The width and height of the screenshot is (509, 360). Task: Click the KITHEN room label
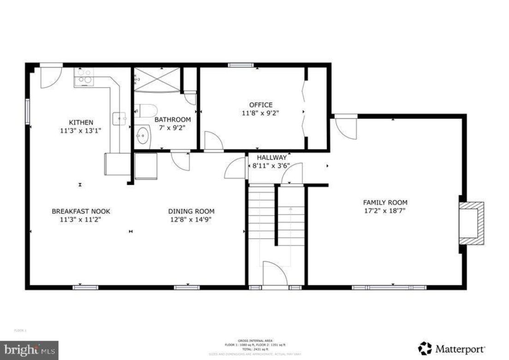click(x=81, y=122)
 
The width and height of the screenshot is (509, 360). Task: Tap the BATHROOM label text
click(x=166, y=120)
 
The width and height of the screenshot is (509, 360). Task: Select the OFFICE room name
click(x=261, y=105)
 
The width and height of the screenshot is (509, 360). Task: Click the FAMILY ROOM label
click(x=385, y=202)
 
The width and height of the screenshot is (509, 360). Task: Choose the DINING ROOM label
click(x=191, y=211)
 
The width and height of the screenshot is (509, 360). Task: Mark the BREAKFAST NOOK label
click(x=81, y=211)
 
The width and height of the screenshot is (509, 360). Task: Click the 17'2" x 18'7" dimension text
click(x=385, y=211)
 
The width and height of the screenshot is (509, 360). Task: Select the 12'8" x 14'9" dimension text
click(x=191, y=219)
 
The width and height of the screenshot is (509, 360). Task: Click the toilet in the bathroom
click(x=148, y=111)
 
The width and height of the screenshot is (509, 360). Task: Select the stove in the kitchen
click(x=84, y=76)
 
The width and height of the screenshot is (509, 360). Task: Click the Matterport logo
click(x=451, y=348)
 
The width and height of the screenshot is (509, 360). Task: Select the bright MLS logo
click(x=29, y=350)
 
